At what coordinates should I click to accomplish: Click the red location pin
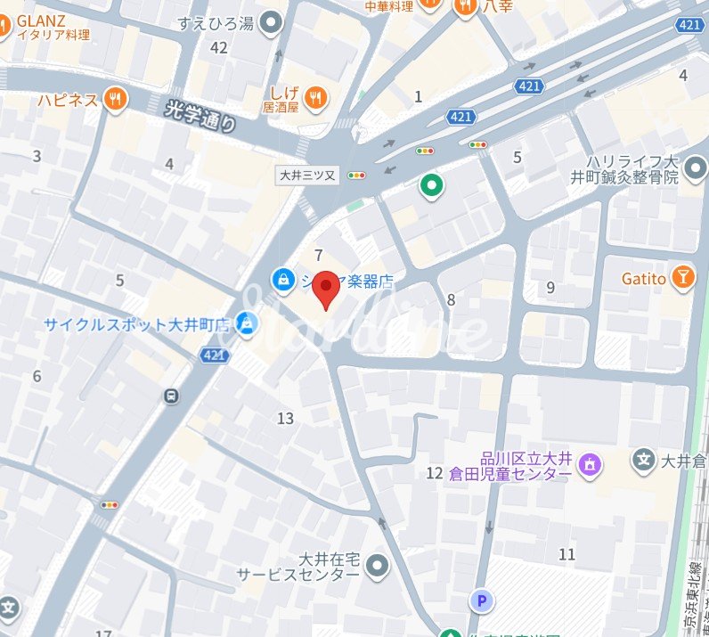pyautogui.click(x=327, y=287)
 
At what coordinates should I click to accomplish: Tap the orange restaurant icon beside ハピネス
pyautogui.click(x=114, y=100)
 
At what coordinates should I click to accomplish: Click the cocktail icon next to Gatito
pyautogui.click(x=683, y=278)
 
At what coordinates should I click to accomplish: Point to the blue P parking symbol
pyautogui.click(x=483, y=602)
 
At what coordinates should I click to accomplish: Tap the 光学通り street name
pyautogui.click(x=202, y=116)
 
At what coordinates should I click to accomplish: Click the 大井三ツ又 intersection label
pyautogui.click(x=307, y=176)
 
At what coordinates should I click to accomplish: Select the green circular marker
pyautogui.click(x=432, y=186)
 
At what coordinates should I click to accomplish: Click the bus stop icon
pyautogui.click(x=170, y=396)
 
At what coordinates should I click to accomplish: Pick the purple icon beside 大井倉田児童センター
pyautogui.click(x=589, y=463)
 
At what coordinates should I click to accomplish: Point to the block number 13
pyautogui.click(x=285, y=418)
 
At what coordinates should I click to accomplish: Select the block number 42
pyautogui.click(x=218, y=47)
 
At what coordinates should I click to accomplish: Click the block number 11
pyautogui.click(x=566, y=554)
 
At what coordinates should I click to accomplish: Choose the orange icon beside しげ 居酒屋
pyautogui.click(x=314, y=99)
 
